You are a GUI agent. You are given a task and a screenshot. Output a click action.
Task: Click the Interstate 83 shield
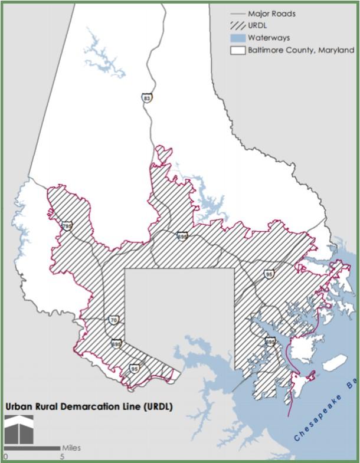146,97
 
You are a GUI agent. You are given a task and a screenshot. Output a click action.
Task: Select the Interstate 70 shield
114,320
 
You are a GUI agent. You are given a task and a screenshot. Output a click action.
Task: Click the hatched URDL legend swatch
237,26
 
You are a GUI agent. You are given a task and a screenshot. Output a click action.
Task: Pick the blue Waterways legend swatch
237,38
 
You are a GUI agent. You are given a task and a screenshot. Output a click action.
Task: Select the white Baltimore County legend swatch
237,51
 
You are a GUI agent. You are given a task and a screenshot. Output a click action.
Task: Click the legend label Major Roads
271,13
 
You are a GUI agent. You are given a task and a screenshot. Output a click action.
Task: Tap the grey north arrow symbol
18,429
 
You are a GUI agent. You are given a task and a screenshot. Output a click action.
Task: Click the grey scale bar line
32,448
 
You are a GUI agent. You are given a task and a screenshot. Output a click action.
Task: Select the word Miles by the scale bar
71,448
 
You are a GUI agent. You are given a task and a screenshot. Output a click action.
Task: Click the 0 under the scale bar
5,457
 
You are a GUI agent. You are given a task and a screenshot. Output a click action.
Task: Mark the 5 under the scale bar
61,457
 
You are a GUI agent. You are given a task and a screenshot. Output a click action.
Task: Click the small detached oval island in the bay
334,363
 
